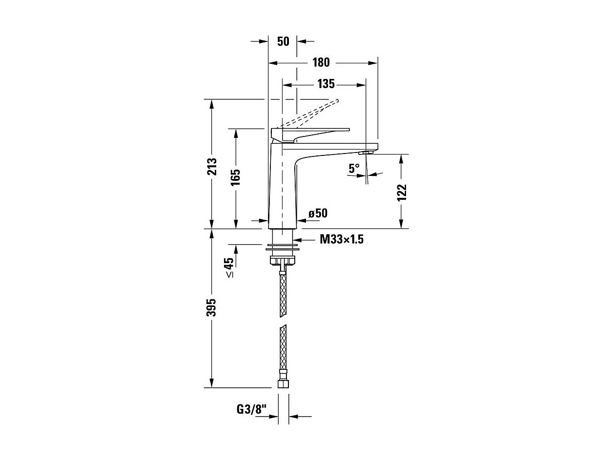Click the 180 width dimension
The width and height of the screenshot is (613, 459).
point(321,62)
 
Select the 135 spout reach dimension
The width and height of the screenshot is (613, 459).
point(326,84)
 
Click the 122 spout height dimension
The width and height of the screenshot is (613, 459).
point(401,192)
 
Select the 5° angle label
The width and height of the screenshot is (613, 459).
point(354,168)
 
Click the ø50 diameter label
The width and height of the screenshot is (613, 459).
point(318,213)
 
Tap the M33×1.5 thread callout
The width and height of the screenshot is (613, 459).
point(342,239)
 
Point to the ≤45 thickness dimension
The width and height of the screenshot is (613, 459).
point(229,268)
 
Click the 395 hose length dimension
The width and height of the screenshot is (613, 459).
point(211,307)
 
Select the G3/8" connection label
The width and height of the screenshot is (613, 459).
point(253,409)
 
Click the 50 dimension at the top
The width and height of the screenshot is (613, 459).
point(283,41)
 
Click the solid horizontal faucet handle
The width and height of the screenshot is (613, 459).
point(312,131)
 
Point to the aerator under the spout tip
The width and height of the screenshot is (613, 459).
point(365,153)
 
